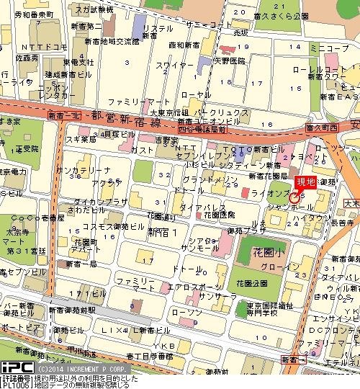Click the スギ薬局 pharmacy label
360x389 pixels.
click(78, 139)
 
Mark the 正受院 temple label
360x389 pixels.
click(27, 149)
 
